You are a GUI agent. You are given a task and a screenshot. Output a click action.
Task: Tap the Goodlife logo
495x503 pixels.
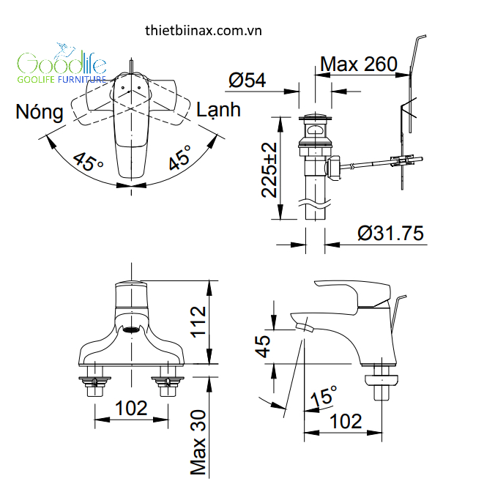coord(62,66)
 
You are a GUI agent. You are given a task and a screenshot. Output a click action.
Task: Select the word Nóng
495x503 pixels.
coord(40,112)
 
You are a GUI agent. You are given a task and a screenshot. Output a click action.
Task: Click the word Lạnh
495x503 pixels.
coord(218,110)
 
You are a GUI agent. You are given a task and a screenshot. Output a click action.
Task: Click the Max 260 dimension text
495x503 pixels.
coord(359,64)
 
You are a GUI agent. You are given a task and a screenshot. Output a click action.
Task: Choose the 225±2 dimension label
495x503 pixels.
coord(269,169)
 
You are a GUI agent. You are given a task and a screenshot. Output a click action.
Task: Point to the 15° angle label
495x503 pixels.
coord(323,398)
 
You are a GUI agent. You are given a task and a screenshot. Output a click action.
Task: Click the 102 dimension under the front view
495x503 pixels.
coord(132,409)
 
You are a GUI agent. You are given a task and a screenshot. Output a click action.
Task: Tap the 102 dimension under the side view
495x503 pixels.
coord(346,421)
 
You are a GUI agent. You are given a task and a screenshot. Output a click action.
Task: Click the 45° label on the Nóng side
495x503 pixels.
coord(89,161)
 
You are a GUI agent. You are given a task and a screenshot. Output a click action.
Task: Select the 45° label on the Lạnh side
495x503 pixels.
coord(179,157)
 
